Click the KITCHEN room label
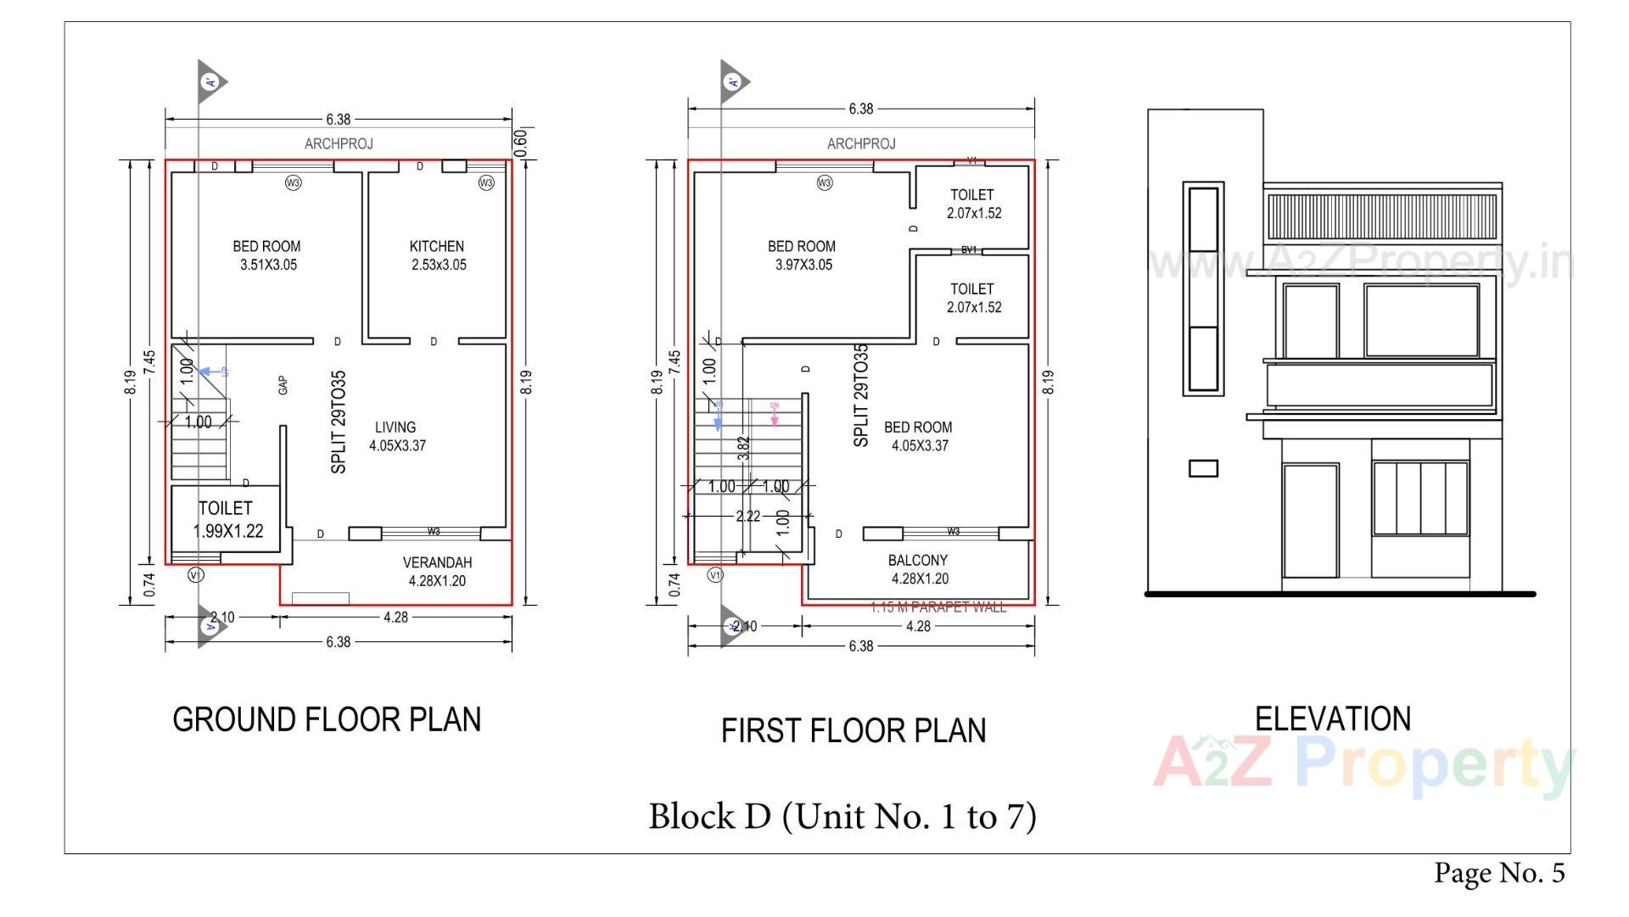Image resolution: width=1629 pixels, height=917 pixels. tap(437, 254)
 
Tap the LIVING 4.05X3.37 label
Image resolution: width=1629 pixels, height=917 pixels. tap(396, 436)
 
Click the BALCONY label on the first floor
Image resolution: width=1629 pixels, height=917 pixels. tap(918, 569)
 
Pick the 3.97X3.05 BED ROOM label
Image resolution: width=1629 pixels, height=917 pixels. tap(802, 254)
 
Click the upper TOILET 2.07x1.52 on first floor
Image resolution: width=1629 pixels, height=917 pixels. tap(973, 204)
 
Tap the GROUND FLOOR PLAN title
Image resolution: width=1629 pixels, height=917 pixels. tap(327, 719)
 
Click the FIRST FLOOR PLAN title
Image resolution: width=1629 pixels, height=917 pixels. tap(854, 730)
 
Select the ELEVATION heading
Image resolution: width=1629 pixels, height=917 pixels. tap(1332, 719)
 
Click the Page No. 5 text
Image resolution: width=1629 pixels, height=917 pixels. tap(1499, 872)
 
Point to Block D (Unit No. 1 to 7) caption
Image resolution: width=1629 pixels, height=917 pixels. tap(842, 816)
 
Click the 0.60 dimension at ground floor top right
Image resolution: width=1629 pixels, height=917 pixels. tap(521, 142)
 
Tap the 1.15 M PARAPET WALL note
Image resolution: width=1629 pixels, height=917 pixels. tap(938, 607)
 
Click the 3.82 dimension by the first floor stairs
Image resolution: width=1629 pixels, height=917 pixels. tap(743, 448)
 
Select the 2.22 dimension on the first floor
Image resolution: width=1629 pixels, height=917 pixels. tap(747, 516)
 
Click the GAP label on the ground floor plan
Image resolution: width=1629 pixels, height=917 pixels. tap(283, 385)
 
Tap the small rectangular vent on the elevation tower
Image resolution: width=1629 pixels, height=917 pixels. tap(1203, 468)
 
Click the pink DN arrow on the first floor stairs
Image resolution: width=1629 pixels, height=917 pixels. tap(775, 415)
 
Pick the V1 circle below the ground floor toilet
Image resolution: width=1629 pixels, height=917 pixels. tap(196, 575)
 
